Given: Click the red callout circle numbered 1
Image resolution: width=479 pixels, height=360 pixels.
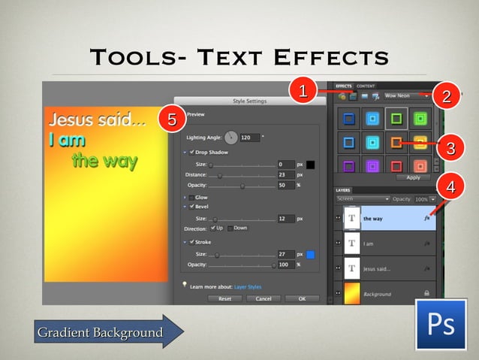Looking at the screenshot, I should coord(303,92).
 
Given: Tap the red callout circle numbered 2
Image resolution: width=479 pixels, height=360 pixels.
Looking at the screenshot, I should coord(446,96).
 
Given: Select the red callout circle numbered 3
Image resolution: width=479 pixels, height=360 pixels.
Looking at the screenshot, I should coord(450,148).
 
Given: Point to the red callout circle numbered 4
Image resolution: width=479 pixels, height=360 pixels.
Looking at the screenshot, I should coord(450,186).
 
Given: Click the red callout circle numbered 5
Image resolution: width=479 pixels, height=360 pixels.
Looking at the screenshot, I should coord(172,119).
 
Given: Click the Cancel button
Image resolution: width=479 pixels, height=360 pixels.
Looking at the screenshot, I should coord(263,298).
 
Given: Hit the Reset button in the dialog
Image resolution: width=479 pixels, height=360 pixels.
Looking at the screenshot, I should coord(224,298).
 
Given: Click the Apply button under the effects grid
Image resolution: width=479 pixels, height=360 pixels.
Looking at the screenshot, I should coord(412,177).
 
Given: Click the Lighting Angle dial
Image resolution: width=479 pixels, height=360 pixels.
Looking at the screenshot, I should coord(230,138).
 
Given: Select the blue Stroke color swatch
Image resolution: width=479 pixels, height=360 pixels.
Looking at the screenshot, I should coord(310,255).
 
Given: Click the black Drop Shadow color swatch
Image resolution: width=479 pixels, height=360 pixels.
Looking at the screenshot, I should coord(310,165).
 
